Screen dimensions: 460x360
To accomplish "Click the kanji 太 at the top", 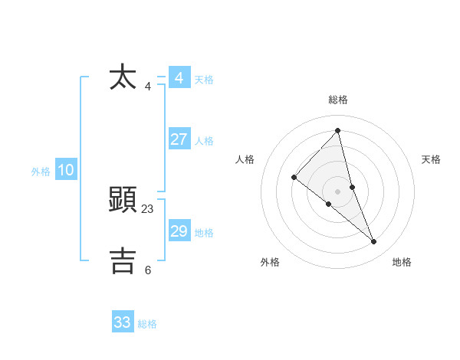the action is click(x=123, y=77).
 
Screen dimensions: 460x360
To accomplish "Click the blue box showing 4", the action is click(x=179, y=78).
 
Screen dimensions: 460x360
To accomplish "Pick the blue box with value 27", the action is click(x=179, y=139).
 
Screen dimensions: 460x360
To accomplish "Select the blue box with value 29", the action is click(x=179, y=231).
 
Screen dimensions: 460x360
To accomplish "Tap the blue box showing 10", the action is click(x=65, y=170).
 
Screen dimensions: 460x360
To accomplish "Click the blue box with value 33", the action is click(x=122, y=322).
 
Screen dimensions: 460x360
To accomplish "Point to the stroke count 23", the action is click(x=148, y=209).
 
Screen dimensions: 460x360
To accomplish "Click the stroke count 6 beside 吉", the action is click(x=148, y=270).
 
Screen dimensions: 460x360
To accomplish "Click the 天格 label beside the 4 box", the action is click(x=204, y=80).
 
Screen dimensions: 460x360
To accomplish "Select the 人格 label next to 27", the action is click(x=204, y=141).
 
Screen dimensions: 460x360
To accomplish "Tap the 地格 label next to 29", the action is click(x=204, y=233).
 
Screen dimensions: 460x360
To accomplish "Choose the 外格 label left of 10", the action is click(x=41, y=172).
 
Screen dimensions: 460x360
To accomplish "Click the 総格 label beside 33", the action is click(x=147, y=324).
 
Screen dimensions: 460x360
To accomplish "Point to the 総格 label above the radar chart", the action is click(x=338, y=100).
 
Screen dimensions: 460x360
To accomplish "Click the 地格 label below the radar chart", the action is click(x=402, y=262).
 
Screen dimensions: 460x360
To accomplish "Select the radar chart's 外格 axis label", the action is click(x=270, y=262).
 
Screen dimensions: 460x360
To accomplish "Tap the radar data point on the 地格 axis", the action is click(x=374, y=242).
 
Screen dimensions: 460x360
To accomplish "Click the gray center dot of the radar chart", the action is click(x=337, y=191).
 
